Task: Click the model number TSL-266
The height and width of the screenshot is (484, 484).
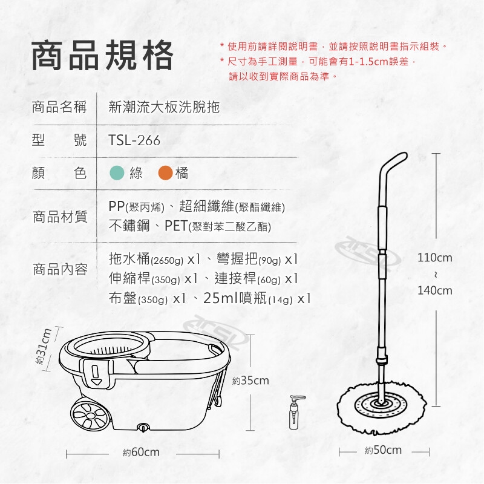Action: click(134, 140)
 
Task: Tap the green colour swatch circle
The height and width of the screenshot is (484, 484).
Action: click(117, 173)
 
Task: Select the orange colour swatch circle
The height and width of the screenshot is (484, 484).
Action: click(165, 173)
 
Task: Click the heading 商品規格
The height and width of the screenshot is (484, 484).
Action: click(102, 56)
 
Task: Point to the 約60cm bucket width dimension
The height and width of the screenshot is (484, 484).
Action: click(142, 453)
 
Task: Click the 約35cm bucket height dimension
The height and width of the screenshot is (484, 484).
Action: click(250, 381)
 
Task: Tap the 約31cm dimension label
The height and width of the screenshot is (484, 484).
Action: click(43, 346)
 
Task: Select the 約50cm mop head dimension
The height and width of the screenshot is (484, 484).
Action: click(383, 450)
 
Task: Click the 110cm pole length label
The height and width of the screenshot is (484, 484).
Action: click(434, 258)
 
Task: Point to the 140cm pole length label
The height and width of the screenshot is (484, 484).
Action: click(434, 290)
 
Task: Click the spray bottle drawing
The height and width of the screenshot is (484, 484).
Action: click(295, 412)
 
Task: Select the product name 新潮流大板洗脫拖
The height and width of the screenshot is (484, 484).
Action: click(164, 107)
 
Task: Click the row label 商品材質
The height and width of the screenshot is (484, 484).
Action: click(60, 217)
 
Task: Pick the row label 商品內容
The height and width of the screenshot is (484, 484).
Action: click(60, 269)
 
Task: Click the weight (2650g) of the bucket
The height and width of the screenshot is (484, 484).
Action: click(167, 261)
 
